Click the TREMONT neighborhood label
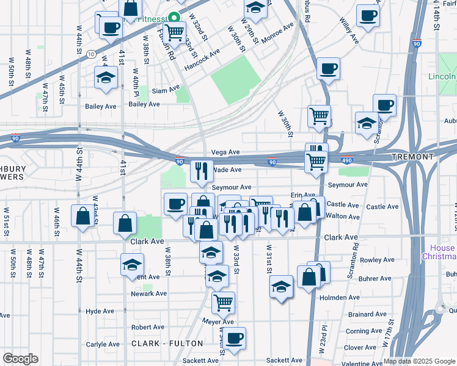[x=413, y=157]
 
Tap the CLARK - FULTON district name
[x=163, y=344]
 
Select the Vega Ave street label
[x=225, y=152]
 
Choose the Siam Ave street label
[x=166, y=90]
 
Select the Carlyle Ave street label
[x=103, y=344]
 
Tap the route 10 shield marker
[x=90, y=55]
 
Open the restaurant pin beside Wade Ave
[x=202, y=171]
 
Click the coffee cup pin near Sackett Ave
[x=233, y=339]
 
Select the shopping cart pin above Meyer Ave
[x=223, y=302]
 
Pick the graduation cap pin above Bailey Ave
[x=106, y=77]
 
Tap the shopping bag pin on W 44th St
[x=83, y=216]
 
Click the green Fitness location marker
[x=174, y=18]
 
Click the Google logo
[x=20, y=359]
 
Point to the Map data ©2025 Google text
[x=419, y=361]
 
